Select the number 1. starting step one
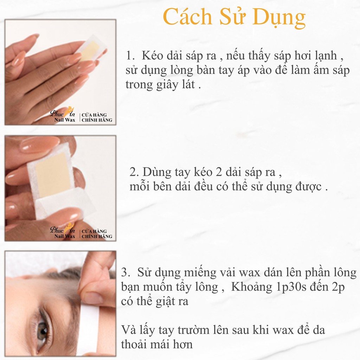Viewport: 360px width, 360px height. [x=130, y=56]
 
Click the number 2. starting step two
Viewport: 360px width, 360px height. [x=134, y=172]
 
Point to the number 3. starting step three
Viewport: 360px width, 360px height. [x=126, y=272]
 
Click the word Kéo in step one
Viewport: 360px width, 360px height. [x=152, y=55]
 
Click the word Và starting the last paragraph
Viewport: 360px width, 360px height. [x=129, y=330]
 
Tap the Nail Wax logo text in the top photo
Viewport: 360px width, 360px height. [x=65, y=120]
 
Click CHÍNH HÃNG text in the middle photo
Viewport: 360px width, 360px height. [x=97, y=236]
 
